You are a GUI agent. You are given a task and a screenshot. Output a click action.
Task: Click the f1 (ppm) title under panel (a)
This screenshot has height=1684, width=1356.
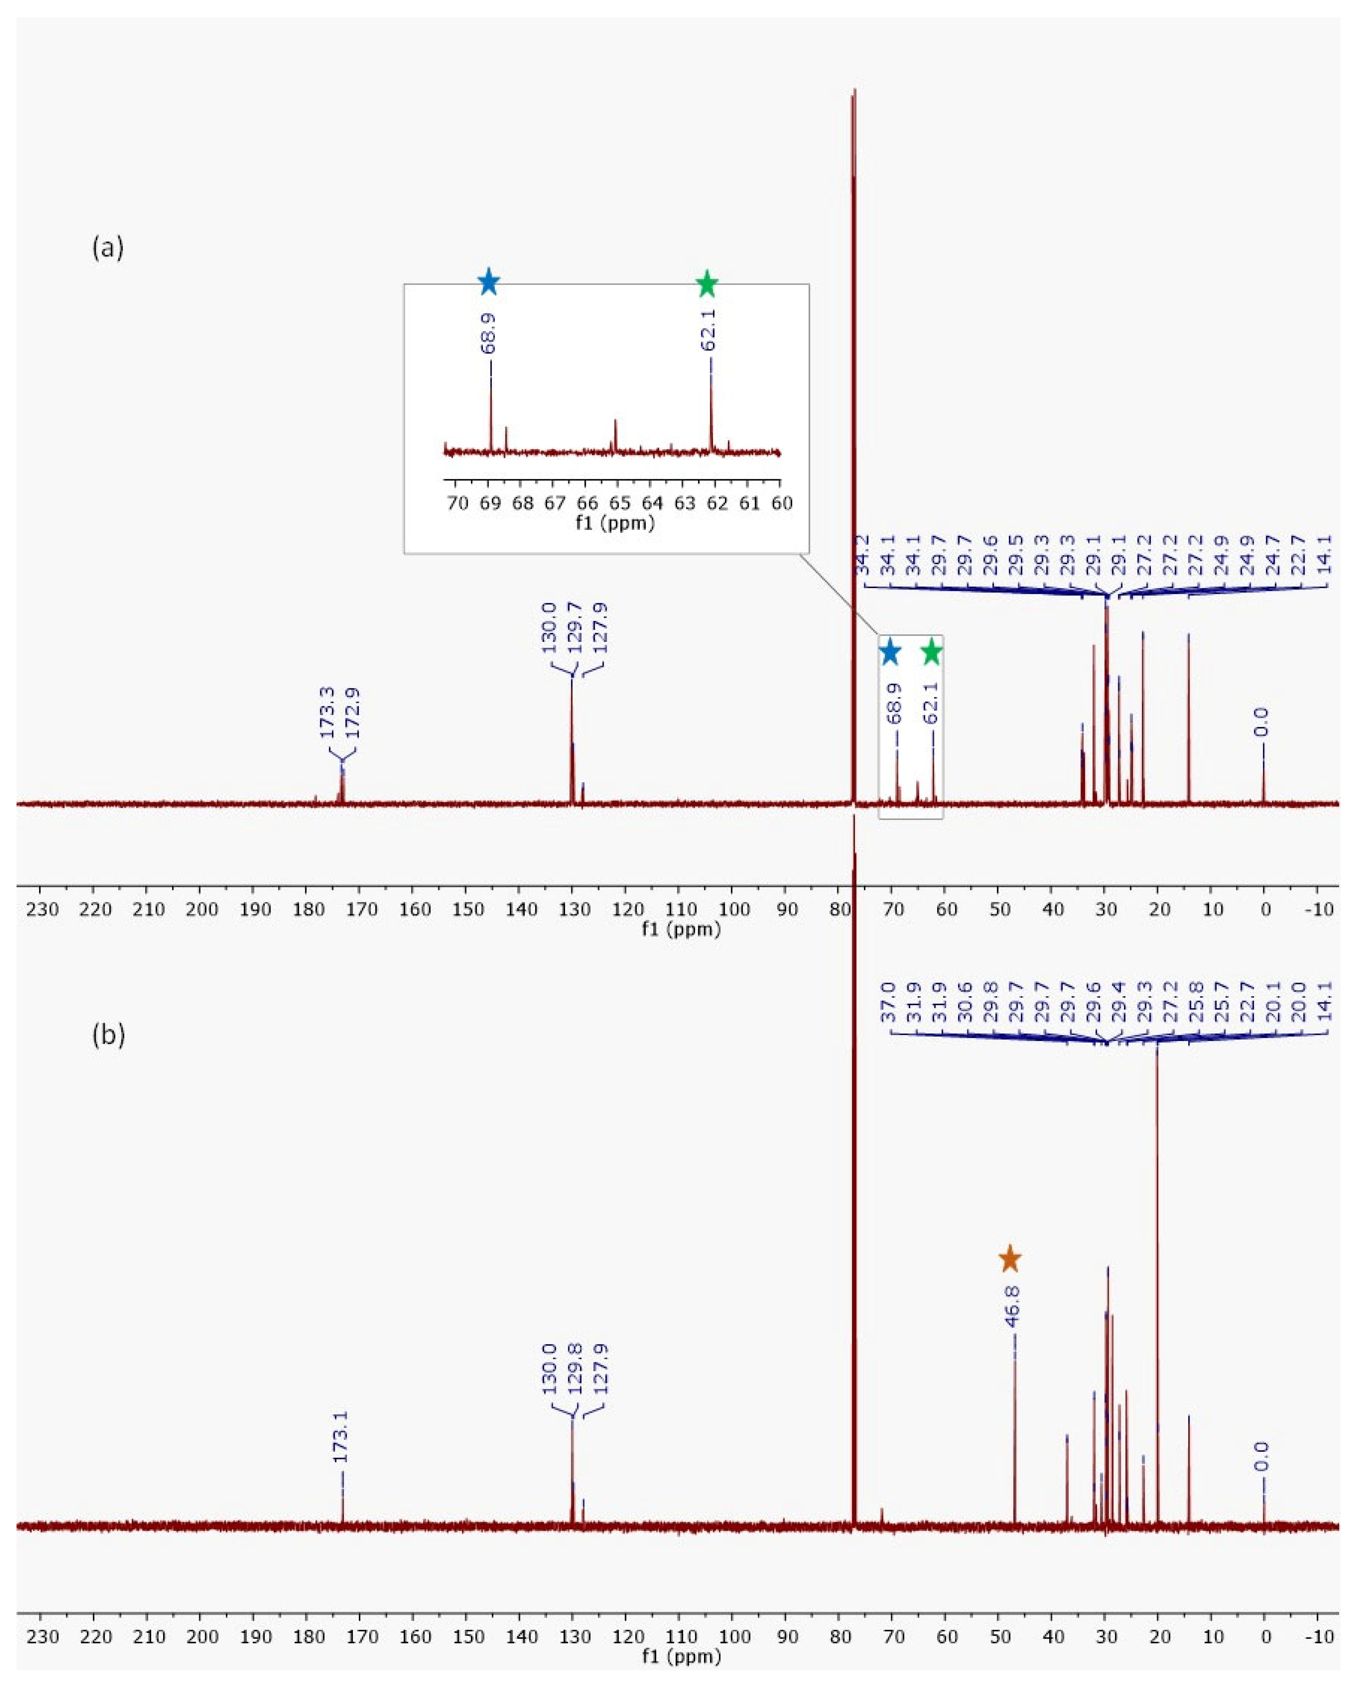681,929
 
